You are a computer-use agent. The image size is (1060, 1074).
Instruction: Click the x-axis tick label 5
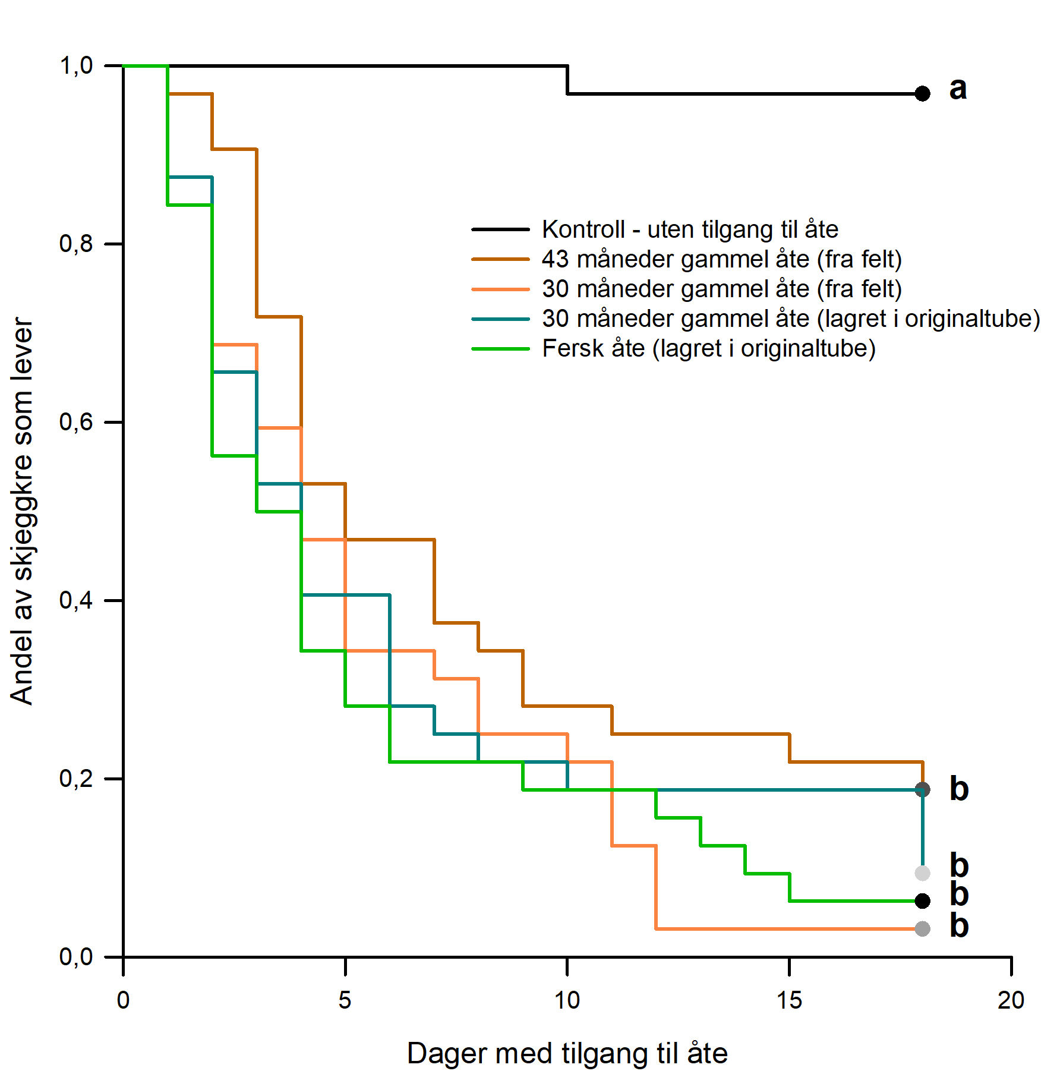click(345, 1000)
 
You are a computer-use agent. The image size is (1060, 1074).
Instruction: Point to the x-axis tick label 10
click(567, 1000)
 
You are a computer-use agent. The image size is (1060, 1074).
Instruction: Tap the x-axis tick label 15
click(789, 1000)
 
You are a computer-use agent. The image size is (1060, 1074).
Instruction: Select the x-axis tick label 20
click(1011, 1000)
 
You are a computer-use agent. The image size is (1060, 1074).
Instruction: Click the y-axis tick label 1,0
click(77, 65)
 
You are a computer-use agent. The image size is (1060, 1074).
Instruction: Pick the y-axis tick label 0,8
click(77, 244)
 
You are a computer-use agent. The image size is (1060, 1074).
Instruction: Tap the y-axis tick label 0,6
click(77, 422)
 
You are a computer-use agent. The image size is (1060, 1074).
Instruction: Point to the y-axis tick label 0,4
click(77, 600)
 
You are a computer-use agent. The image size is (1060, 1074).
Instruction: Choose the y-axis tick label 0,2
click(77, 779)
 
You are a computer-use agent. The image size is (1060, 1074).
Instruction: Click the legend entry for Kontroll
click(655, 229)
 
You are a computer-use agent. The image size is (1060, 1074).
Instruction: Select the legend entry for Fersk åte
click(674, 349)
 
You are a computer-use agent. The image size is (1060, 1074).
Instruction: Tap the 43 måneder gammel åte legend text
click(722, 260)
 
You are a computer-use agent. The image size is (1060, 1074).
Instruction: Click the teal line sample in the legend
click(500, 319)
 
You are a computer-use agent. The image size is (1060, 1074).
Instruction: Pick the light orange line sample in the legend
click(500, 289)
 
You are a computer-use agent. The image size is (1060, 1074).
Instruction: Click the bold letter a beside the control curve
click(958, 89)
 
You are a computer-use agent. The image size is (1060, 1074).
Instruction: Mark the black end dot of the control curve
click(922, 93)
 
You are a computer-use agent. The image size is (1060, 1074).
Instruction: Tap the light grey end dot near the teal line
click(922, 873)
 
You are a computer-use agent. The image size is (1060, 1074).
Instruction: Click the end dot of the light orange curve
click(922, 928)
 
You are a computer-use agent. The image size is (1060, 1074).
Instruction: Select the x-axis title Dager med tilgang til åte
click(567, 1054)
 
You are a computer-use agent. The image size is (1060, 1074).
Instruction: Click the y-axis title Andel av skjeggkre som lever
click(23, 511)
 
